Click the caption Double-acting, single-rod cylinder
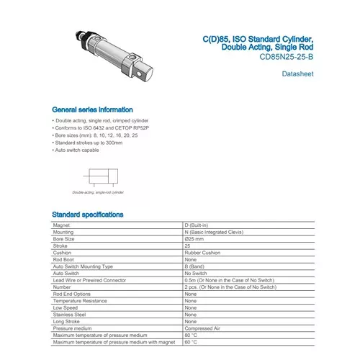coord(98,193)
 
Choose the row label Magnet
coord(62,225)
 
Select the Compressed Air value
coord(202,328)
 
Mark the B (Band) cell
coord(197,266)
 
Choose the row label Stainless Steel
coord(70,314)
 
